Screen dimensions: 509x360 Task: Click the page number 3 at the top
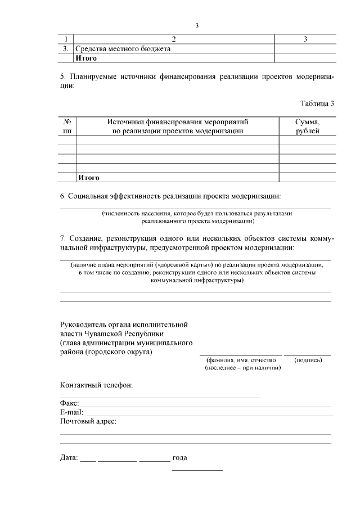[x=197, y=26]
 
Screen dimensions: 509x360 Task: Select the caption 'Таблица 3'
[x=318, y=103]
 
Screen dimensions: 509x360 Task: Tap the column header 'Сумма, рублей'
[x=307, y=126]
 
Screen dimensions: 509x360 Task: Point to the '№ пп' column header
[x=67, y=126]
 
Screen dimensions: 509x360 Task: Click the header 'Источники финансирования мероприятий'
[x=177, y=121]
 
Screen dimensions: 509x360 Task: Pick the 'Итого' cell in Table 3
[x=88, y=178]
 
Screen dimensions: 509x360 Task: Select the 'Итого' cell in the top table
[x=87, y=57]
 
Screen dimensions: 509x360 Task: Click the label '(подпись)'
[x=308, y=359]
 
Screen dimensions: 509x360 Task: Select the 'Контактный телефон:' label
[x=96, y=386]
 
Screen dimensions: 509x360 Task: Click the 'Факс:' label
[x=70, y=403]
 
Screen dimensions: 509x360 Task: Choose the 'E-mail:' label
[x=71, y=412]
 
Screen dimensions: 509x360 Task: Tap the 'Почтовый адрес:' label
[x=88, y=421]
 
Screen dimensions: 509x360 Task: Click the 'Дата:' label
[x=69, y=457]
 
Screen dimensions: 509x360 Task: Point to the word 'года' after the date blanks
[x=179, y=457]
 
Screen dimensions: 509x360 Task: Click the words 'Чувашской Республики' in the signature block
[x=116, y=334]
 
